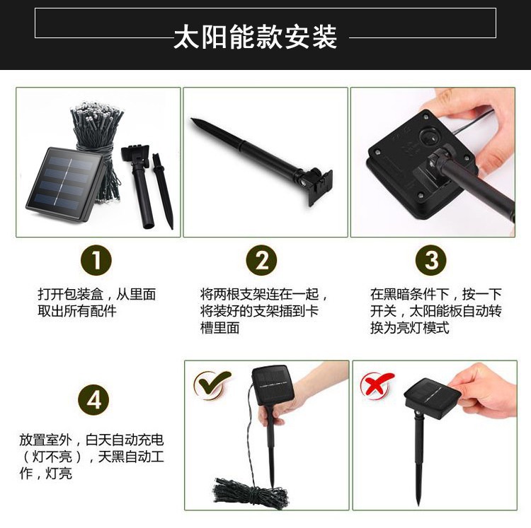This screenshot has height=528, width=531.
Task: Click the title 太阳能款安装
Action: [256, 37]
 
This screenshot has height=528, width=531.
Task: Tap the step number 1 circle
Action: [96, 260]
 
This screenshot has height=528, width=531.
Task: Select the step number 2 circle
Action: [261, 260]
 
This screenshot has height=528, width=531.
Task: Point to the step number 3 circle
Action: [431, 260]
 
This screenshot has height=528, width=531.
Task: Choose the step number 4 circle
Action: [93, 400]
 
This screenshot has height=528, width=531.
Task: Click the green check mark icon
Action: [212, 384]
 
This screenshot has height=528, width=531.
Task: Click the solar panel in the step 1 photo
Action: [65, 184]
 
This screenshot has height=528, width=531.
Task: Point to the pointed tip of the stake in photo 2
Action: [192, 119]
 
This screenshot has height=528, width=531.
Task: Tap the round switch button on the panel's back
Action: [430, 136]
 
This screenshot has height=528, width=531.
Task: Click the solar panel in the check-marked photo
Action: [273, 385]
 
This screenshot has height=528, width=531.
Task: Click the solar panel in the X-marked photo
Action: [433, 398]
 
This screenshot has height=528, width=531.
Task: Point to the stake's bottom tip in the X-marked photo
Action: [419, 504]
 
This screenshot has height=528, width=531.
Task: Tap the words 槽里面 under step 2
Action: [219, 328]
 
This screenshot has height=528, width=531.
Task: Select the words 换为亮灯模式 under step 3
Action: [410, 328]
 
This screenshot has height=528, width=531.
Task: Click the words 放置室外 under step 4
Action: [45, 440]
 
